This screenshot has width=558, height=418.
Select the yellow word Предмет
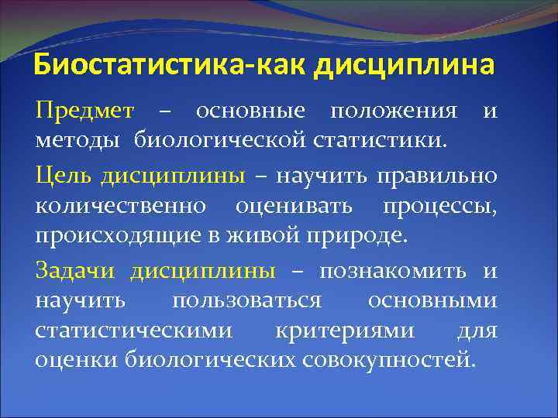point(84,112)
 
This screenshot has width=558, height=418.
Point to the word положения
point(393,112)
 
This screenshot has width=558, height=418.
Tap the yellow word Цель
point(63,176)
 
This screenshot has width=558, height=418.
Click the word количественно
point(121,206)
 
